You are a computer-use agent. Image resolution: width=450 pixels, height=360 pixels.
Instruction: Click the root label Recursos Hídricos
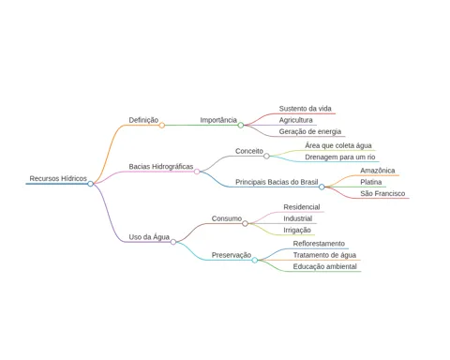tap(58, 178)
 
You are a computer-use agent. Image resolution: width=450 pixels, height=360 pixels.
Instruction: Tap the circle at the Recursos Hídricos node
tap(90, 184)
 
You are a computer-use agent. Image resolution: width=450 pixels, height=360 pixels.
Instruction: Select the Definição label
tap(143, 120)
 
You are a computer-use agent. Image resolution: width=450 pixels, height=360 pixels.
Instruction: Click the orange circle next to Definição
tap(161, 126)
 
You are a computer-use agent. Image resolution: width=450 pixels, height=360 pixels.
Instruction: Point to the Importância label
tap(218, 120)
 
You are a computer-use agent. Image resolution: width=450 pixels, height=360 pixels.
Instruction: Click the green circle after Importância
tap(241, 126)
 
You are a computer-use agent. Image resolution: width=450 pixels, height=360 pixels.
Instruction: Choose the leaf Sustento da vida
tap(305, 109)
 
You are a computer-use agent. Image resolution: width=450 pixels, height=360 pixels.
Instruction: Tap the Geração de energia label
tap(310, 131)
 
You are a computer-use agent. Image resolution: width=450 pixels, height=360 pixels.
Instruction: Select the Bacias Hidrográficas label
tap(161, 167)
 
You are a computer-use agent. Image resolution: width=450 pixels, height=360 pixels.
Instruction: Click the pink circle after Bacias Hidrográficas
tap(197, 172)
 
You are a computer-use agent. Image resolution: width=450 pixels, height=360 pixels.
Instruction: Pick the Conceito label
tap(249, 151)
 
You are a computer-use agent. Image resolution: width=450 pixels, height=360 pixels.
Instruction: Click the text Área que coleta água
tap(338, 145)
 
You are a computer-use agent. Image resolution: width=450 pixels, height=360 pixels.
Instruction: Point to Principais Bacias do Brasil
tap(277, 182)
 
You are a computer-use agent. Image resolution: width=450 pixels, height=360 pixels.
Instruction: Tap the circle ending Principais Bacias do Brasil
tap(322, 187)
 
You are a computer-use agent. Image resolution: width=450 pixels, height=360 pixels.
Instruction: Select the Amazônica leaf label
tap(378, 171)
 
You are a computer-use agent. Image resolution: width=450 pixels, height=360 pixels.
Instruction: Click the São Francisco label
tap(382, 193)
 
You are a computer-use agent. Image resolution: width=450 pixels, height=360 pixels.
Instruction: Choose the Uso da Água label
tap(149, 237)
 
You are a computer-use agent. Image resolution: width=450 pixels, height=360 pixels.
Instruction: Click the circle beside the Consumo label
tap(245, 223)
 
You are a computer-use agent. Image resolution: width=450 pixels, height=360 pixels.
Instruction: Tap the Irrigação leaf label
tap(297, 231)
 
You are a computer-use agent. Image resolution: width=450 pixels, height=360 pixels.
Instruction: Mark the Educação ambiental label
tap(324, 266)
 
